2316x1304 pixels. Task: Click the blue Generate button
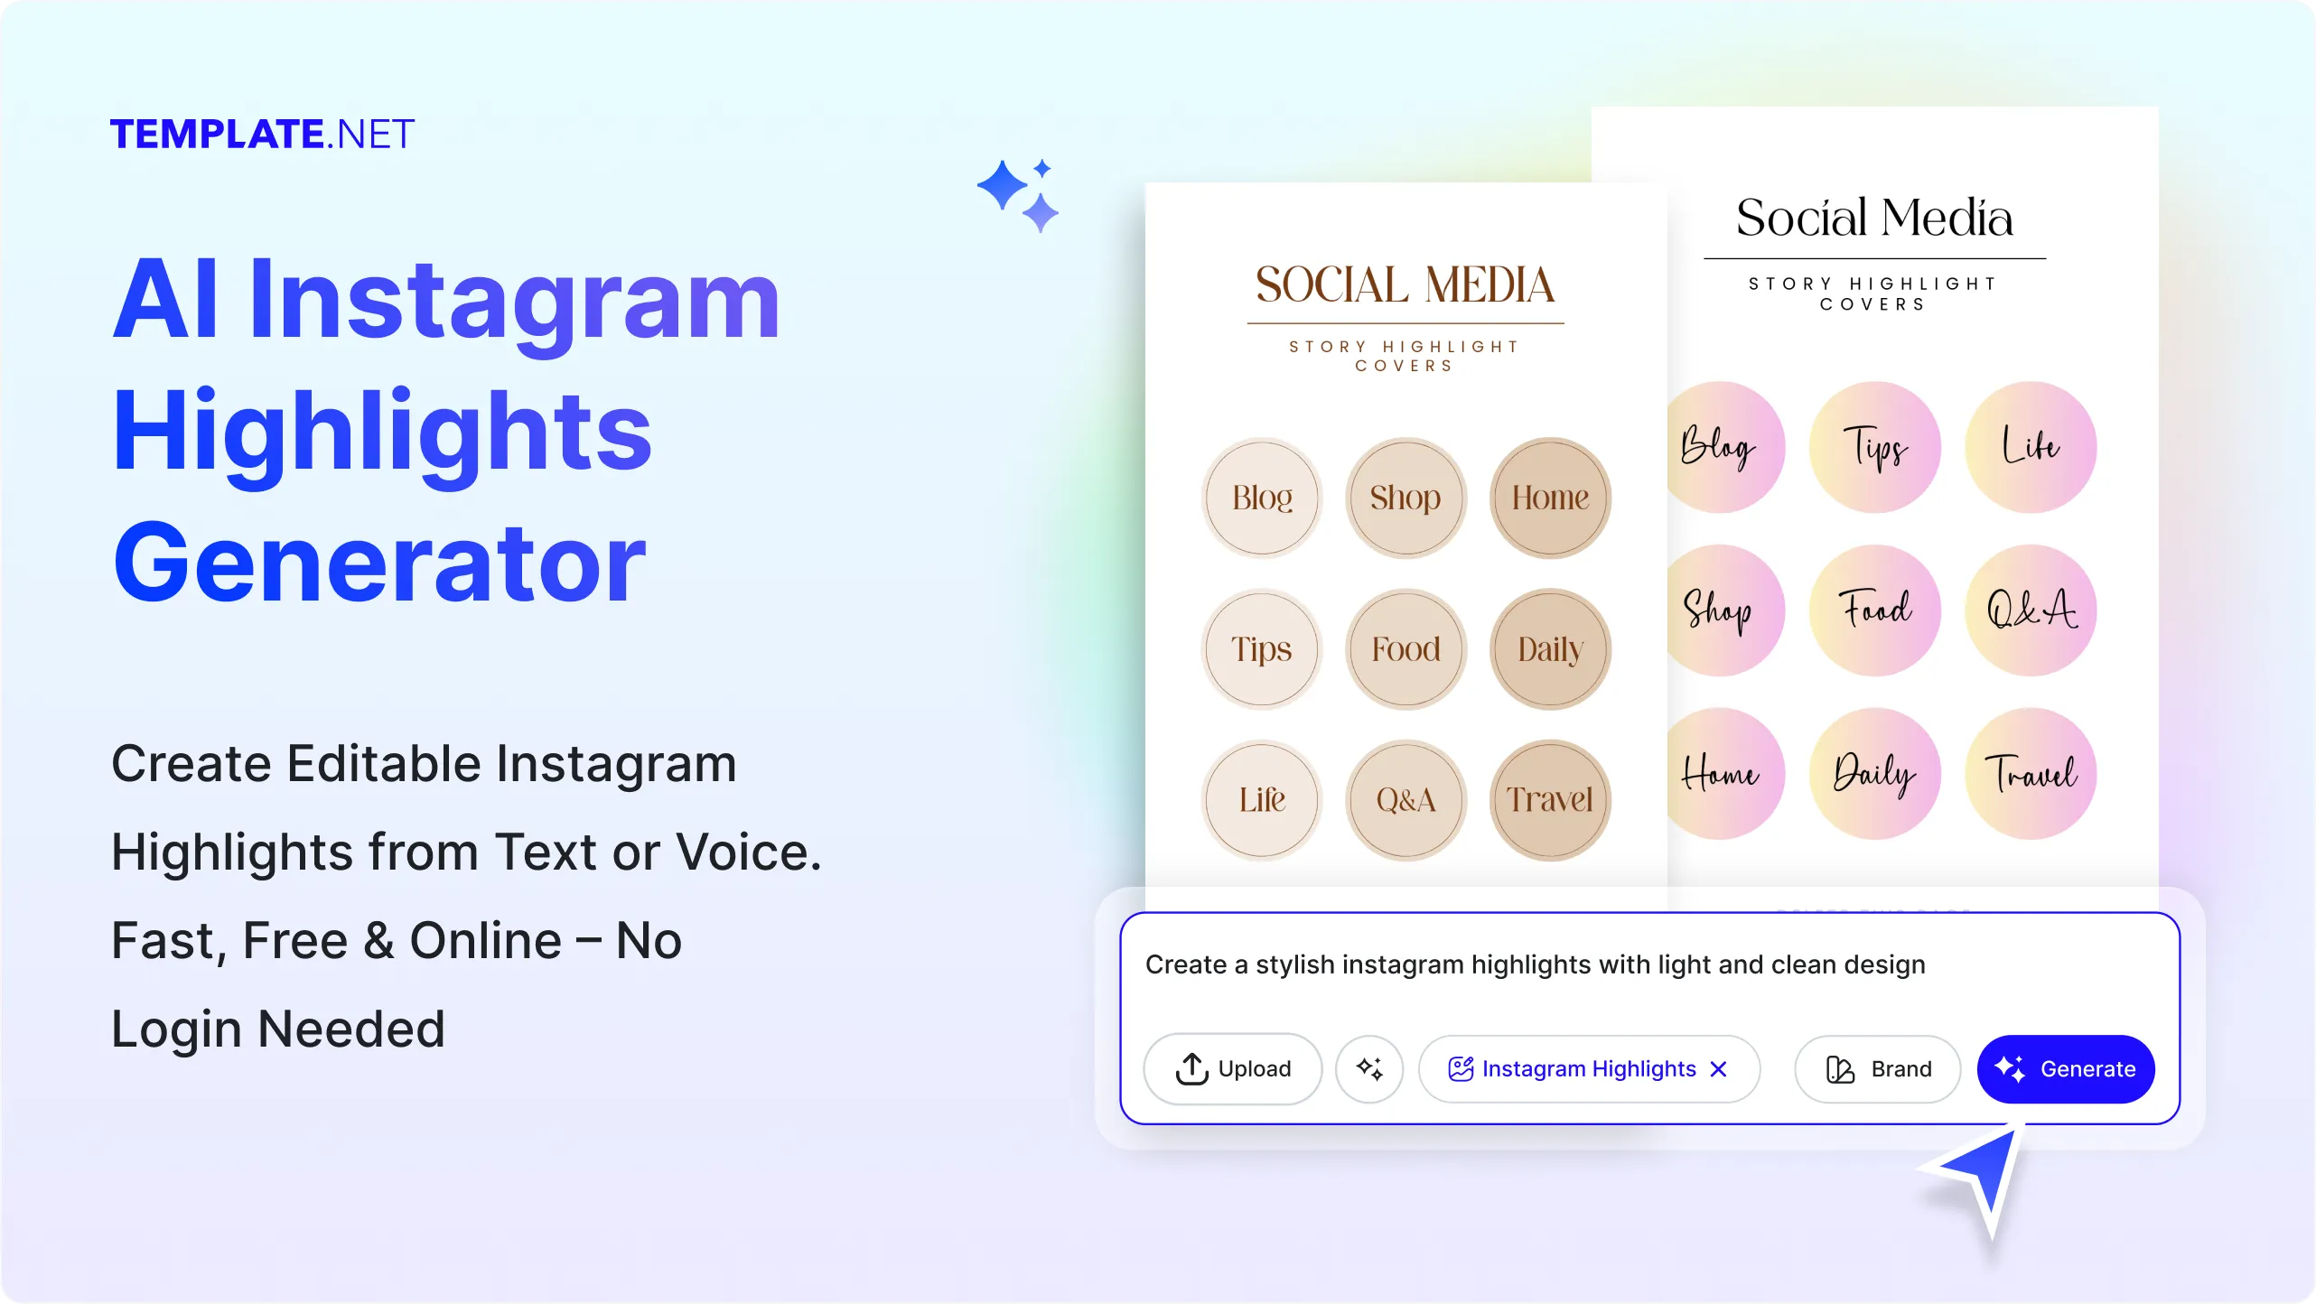(2065, 1068)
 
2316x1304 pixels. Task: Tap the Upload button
(1232, 1068)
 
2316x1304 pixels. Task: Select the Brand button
(1877, 1068)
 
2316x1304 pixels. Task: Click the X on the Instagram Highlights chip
(1718, 1068)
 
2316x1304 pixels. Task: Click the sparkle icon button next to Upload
(1369, 1068)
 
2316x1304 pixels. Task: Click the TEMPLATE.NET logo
(262, 135)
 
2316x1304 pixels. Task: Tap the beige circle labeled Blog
(1262, 498)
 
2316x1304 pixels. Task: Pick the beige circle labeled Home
(1550, 498)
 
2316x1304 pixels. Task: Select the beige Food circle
(1405, 648)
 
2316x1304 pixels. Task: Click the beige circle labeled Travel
(1550, 799)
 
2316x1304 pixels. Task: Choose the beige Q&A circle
(1405, 799)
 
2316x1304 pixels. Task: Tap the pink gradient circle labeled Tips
(1874, 447)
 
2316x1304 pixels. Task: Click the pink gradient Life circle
(2030, 447)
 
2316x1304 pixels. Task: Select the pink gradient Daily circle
(1874, 773)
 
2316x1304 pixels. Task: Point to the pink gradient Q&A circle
(2030, 610)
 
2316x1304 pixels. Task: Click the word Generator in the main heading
(379, 562)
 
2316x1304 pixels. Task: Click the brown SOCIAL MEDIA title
(1405, 284)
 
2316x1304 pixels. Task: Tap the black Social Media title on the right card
(1874, 218)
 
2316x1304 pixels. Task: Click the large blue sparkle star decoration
(1003, 186)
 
